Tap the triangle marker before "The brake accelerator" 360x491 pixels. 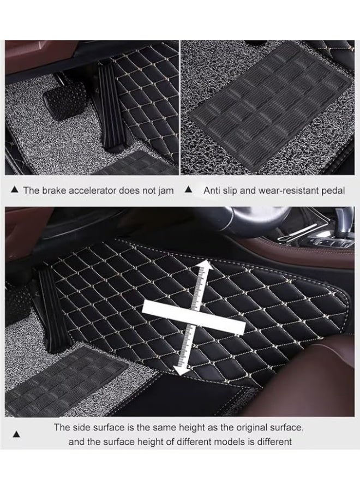15,191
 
